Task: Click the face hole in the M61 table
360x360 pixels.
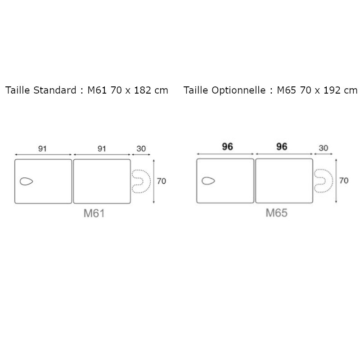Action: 27,181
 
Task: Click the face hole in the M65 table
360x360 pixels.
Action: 208,181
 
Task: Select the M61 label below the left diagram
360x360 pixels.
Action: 94,213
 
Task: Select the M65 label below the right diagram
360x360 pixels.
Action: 276,212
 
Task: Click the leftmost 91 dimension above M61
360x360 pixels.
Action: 42,149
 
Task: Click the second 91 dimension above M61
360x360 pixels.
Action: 102,149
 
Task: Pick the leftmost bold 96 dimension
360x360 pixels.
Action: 227,147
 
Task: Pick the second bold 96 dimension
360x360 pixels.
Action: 282,147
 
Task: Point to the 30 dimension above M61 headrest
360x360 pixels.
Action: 141,149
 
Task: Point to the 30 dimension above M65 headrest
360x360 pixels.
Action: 323,148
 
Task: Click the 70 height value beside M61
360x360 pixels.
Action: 162,181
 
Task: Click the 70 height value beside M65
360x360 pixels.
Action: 344,181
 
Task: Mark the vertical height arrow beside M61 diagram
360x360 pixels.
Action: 154,181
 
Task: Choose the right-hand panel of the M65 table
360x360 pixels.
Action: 284,181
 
